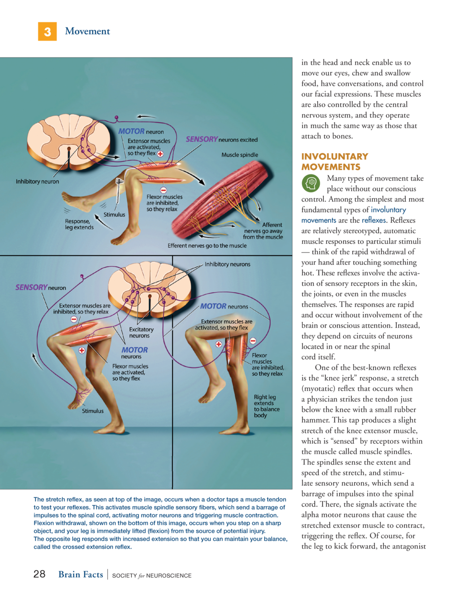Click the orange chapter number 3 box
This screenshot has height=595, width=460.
click(x=47, y=32)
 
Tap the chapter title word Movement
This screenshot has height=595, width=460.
click(x=87, y=31)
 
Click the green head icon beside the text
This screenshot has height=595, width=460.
click(x=311, y=183)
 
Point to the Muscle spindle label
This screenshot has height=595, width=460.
click(x=240, y=155)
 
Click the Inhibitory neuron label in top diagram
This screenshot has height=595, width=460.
click(x=37, y=182)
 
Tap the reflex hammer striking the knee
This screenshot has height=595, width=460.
click(x=119, y=192)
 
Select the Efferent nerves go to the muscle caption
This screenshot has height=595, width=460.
click(x=207, y=246)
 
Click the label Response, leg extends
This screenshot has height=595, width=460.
click(x=79, y=224)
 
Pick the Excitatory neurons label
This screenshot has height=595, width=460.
click(x=141, y=332)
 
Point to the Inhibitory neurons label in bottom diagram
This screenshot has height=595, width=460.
click(x=228, y=264)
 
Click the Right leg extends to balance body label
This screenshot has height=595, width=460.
click(x=266, y=406)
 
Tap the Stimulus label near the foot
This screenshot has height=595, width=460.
click(x=93, y=411)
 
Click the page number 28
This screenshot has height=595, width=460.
click(x=39, y=574)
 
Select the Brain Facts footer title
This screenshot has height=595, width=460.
click(x=81, y=574)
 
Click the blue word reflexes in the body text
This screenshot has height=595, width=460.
click(x=373, y=220)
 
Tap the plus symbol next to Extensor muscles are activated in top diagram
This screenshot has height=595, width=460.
click(x=160, y=154)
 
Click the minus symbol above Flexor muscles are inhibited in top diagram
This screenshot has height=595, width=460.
click(x=163, y=190)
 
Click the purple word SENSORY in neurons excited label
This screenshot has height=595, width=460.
click(x=202, y=139)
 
